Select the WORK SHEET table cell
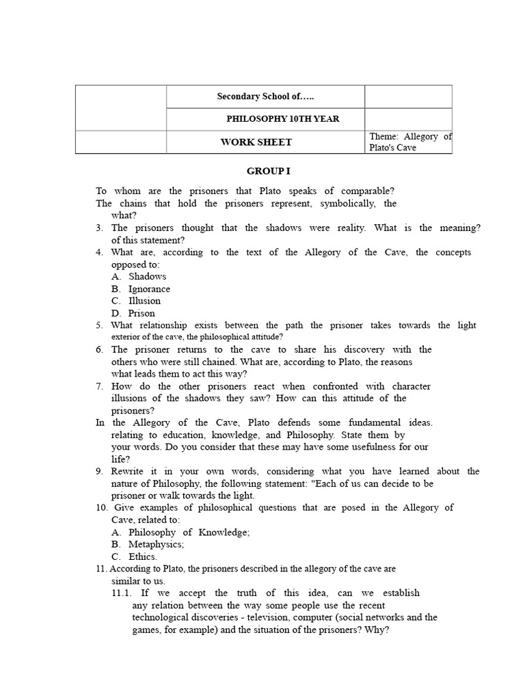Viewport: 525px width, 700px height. pyautogui.click(x=256, y=142)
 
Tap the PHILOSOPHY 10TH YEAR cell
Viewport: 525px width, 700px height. pyautogui.click(x=282, y=119)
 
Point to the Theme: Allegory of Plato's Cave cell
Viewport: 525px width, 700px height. pyautogui.click(x=409, y=142)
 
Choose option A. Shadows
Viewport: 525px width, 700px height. pyautogui.click(x=139, y=276)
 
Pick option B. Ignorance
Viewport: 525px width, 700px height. pyautogui.click(x=141, y=288)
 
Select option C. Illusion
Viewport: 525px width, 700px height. pyautogui.click(x=136, y=301)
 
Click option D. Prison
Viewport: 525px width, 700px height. pyautogui.click(x=133, y=313)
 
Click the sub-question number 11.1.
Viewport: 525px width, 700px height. pyautogui.click(x=123, y=593)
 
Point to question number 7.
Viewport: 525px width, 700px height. pyautogui.click(x=99, y=386)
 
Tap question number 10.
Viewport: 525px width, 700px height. pyautogui.click(x=101, y=507)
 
